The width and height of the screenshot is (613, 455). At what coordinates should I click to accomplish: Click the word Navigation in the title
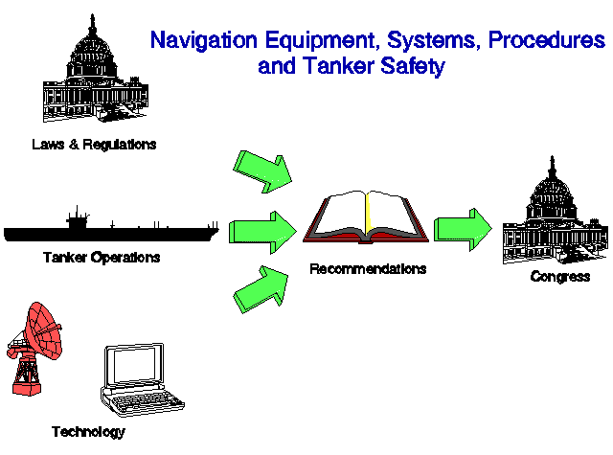click(204, 40)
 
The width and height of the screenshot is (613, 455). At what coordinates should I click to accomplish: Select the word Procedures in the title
click(547, 39)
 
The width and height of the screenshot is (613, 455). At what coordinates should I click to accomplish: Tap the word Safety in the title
click(413, 66)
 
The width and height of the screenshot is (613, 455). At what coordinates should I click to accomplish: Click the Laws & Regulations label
click(94, 145)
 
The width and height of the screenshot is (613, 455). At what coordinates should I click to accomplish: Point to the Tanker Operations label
click(102, 258)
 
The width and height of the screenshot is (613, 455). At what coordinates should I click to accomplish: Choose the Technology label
click(88, 432)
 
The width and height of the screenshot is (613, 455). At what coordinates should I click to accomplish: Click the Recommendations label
click(368, 269)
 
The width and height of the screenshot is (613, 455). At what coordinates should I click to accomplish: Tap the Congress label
click(560, 277)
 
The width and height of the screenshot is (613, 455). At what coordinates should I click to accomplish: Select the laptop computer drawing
click(142, 379)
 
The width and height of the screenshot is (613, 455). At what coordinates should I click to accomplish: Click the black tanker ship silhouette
click(111, 230)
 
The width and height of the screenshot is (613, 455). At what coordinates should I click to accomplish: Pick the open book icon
click(366, 216)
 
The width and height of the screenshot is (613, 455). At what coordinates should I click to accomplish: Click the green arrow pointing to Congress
click(463, 230)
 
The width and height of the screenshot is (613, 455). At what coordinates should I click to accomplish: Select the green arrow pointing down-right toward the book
click(262, 171)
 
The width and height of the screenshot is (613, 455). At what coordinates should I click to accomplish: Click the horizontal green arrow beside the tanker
click(262, 232)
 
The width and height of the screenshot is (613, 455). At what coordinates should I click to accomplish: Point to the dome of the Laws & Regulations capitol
click(92, 51)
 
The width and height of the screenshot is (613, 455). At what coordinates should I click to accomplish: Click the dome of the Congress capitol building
click(552, 192)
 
